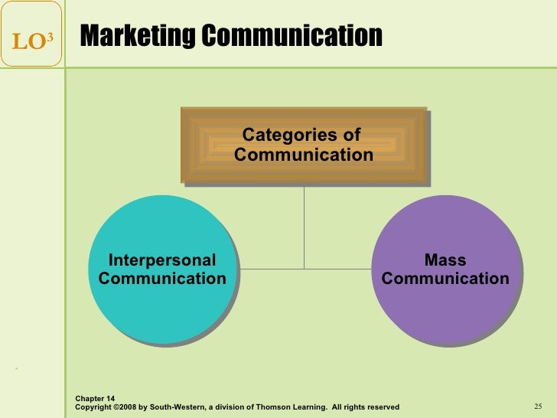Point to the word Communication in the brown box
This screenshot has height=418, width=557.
(304, 155)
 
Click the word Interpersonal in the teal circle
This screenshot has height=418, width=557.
(162, 260)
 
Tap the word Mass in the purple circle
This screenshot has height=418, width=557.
(445, 260)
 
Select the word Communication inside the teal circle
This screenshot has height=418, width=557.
(162, 278)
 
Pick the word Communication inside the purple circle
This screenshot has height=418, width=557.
(445, 278)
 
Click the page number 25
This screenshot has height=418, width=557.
(537, 406)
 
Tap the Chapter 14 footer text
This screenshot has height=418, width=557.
(95, 398)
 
